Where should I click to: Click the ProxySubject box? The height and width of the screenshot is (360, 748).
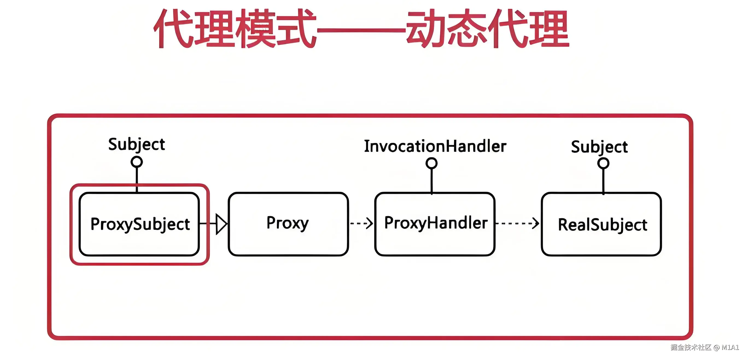tap(139, 224)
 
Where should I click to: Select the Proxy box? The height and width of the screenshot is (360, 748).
tap(288, 224)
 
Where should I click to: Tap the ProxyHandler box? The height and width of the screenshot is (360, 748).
tap(435, 224)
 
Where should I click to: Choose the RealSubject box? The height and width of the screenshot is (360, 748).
tap(601, 224)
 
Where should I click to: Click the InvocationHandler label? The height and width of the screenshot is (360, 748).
tap(435, 146)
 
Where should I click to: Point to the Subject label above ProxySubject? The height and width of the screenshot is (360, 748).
tap(136, 145)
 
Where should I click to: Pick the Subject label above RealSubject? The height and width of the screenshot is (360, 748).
tap(599, 147)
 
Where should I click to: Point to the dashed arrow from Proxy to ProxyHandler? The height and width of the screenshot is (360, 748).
tap(361, 223)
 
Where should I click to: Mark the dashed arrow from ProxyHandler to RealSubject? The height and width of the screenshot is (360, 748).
tap(518, 223)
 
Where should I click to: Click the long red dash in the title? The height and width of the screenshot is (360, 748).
tap(361, 30)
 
